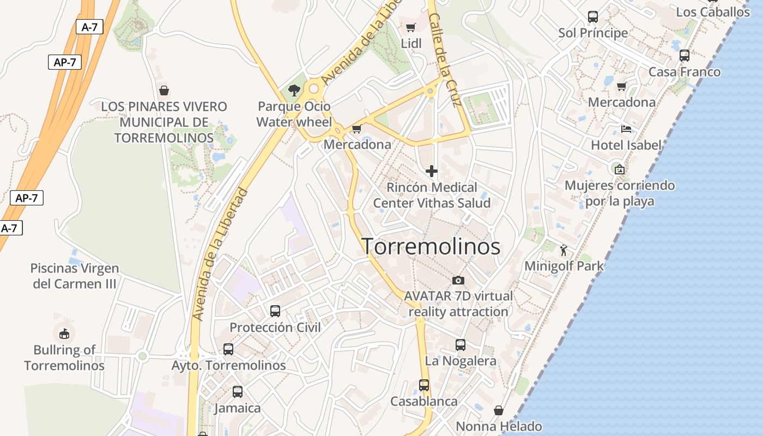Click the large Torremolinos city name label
431,247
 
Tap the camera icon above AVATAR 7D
458,280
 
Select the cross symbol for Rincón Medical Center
432,171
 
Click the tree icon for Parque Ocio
294,90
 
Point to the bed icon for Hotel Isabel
626,129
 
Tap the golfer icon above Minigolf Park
564,250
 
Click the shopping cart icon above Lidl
411,27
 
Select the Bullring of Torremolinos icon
64,333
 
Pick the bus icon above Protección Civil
275,311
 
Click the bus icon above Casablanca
424,385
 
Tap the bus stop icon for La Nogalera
461,345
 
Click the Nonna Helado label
499,426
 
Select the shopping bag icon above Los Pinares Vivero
163,90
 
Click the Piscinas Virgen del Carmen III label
75,276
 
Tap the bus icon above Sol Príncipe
593,17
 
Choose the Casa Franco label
684,72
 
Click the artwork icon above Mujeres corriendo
619,169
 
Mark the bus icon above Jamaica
238,392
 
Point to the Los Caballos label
713,12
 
